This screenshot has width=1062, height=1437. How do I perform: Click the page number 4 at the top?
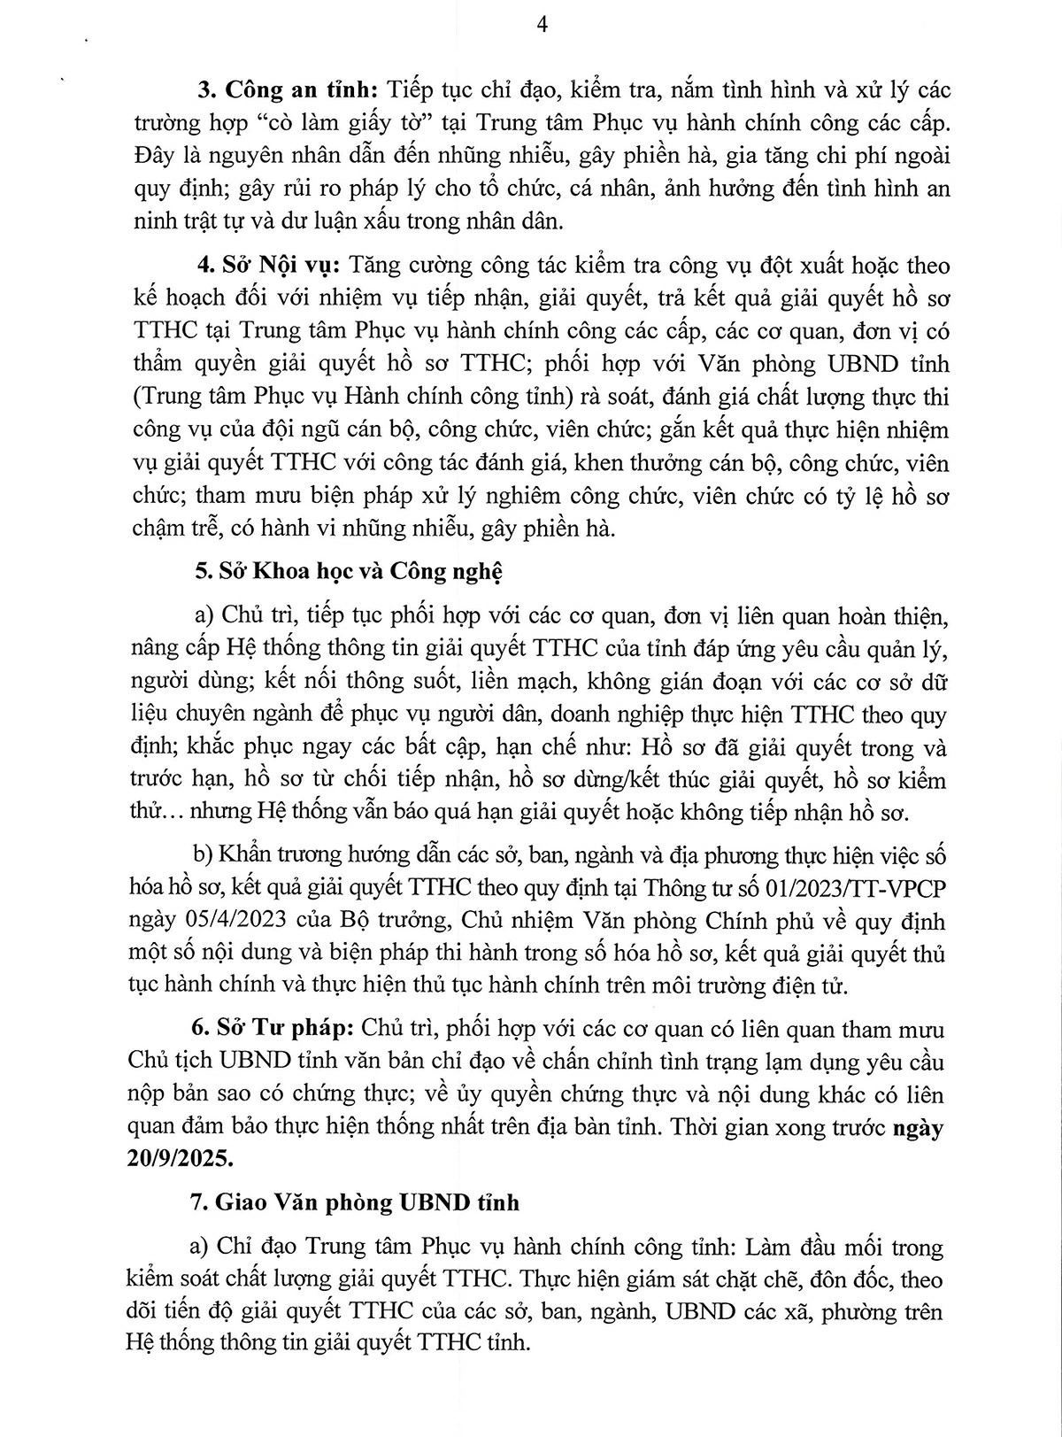coord(542,25)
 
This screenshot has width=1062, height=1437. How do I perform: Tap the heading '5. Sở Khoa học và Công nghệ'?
coord(348,572)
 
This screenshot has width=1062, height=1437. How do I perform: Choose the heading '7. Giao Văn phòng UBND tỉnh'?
coord(355,1202)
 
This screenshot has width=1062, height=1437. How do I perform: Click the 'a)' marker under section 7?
coord(203,1247)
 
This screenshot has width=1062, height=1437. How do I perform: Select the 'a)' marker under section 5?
coord(203,615)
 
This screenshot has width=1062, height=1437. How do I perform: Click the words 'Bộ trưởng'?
coord(399,921)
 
